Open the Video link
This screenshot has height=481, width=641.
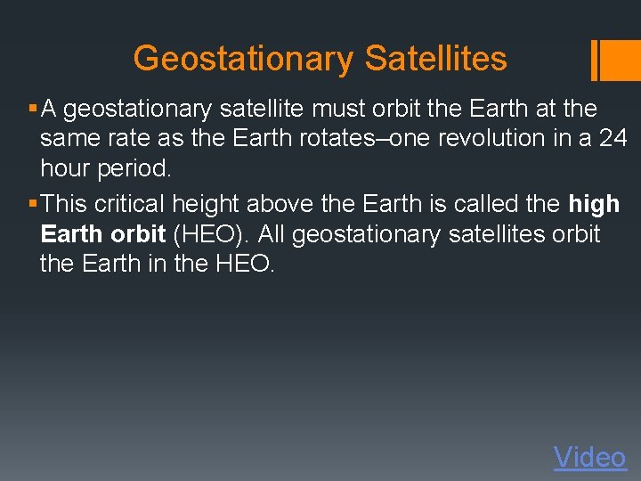pyautogui.click(x=589, y=457)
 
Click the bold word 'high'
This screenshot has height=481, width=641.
pyautogui.click(x=594, y=204)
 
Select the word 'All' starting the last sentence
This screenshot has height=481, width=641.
pyautogui.click(x=272, y=234)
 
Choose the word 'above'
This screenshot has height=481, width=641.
pyautogui.click(x=280, y=204)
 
